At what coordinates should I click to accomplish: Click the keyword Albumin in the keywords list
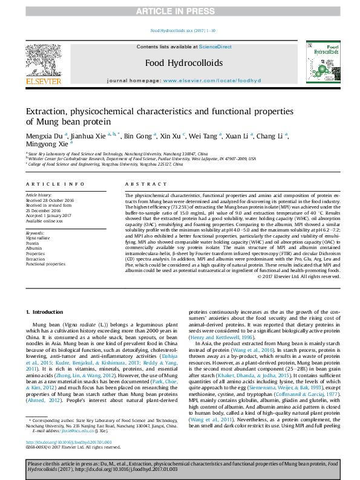point(34,248)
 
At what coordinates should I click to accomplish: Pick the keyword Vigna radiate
point(38,238)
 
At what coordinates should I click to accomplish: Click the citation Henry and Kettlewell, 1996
point(217,337)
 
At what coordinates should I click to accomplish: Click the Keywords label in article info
point(35,233)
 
